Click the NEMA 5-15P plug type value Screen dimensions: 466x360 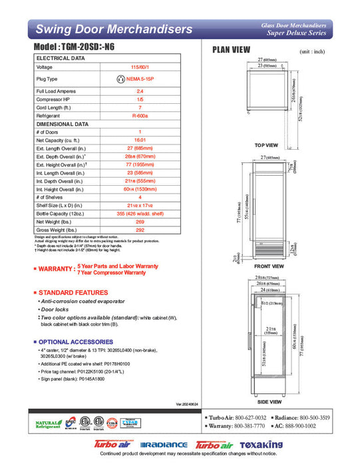[140, 79]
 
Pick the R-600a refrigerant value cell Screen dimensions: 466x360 [140, 115]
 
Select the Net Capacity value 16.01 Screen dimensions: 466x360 [140, 140]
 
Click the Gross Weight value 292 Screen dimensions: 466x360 [140, 230]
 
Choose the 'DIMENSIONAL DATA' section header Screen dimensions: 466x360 [63, 124]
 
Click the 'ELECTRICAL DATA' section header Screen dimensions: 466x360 [60, 58]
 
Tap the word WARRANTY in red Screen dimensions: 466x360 [56, 269]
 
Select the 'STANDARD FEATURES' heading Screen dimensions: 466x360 [73, 292]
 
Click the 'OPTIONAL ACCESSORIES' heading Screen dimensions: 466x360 [77, 342]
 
